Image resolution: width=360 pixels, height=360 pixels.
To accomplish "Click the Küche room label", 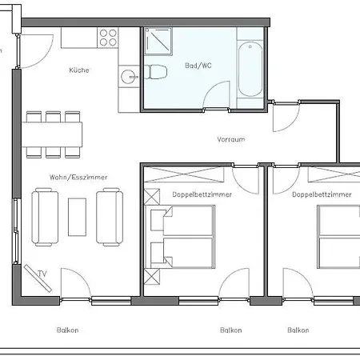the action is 79,70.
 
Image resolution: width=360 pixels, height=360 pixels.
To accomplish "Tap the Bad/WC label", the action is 198,66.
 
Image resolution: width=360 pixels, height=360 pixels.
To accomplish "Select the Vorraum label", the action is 231,139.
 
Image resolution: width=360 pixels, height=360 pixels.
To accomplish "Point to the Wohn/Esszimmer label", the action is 78,178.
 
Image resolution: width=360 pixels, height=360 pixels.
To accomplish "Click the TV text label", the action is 42,274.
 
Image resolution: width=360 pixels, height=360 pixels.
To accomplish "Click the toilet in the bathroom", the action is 156,72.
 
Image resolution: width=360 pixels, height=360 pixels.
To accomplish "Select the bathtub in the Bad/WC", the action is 250,69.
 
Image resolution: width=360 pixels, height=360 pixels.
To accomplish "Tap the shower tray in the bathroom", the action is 158,41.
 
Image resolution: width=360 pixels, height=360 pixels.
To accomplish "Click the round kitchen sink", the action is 128,77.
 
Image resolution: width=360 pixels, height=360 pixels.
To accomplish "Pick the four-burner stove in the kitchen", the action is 108,38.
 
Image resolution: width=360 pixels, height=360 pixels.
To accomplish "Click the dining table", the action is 52,134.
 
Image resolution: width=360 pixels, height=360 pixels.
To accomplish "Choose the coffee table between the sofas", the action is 77,217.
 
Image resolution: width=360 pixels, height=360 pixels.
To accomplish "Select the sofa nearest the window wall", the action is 45,217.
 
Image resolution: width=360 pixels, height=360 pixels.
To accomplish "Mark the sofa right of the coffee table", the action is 110,217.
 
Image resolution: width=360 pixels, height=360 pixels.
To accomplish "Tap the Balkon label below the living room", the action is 67,330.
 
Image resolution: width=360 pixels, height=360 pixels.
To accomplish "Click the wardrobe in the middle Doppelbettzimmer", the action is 184,174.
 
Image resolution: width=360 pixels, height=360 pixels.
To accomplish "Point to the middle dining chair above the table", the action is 53,117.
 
